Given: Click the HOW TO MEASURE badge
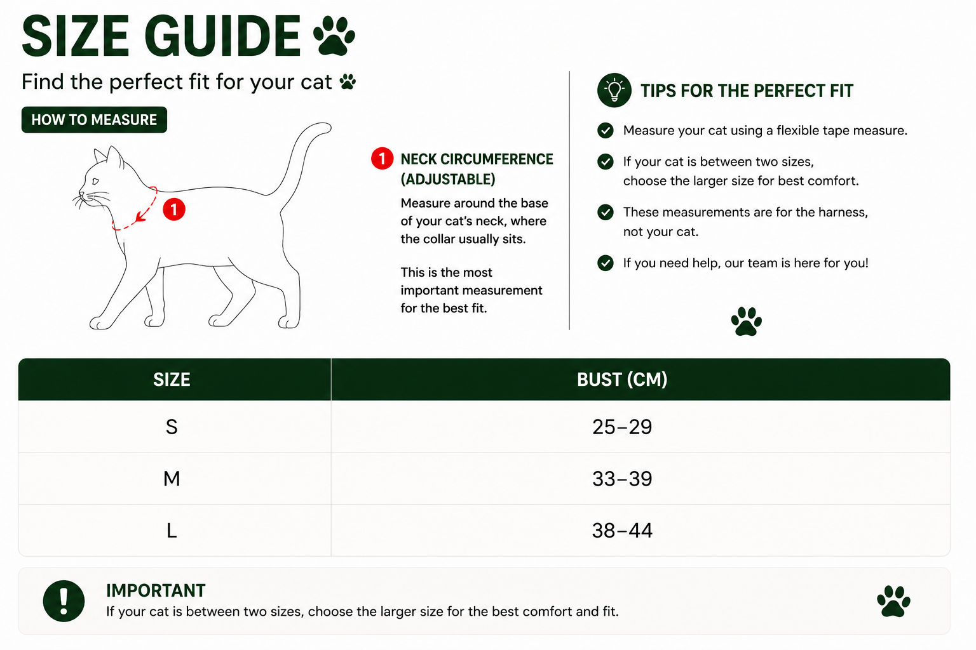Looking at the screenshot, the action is pos(94,120).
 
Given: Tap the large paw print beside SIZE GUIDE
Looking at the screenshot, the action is pos(335,36).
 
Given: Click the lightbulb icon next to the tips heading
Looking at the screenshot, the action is pos(614,90).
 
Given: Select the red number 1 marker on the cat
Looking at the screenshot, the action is pos(174,210).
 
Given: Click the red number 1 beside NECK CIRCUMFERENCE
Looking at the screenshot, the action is pos(382,159).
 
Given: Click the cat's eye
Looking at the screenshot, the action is pos(95,181).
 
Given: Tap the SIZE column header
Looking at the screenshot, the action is pos(172,380).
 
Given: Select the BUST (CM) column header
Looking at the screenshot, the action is pos(622,380).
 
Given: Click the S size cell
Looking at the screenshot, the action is pos(172,427).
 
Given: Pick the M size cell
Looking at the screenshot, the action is pos(172,479).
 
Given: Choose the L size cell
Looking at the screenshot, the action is pos(172,531).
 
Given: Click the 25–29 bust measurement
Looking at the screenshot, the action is pos(622,427).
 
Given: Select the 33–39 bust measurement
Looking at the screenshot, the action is pos(622,479).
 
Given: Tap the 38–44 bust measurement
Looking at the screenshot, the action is pos(622,531).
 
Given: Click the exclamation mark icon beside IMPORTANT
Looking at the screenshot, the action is pos(64,600).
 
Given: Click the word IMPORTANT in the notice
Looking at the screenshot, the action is pos(156,591).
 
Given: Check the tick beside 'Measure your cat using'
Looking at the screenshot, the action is pos(605,130).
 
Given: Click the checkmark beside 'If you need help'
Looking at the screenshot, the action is pos(605,263).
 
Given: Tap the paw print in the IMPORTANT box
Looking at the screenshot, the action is pos(893,601).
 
